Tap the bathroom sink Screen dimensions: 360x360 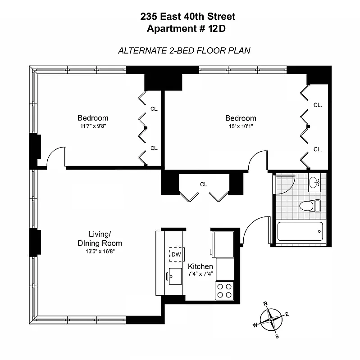[x=314, y=183]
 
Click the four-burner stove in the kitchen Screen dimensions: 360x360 [x=224, y=290]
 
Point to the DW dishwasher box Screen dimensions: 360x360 [x=176, y=255]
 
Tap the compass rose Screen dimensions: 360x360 [x=271, y=320]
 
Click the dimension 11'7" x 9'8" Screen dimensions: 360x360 [x=93, y=126]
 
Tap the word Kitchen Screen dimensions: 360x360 [x=200, y=266]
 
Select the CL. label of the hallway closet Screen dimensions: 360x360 [x=204, y=184]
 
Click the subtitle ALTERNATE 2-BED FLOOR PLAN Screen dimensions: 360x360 [x=184, y=50]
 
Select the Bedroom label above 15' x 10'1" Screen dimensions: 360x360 [x=241, y=118]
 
